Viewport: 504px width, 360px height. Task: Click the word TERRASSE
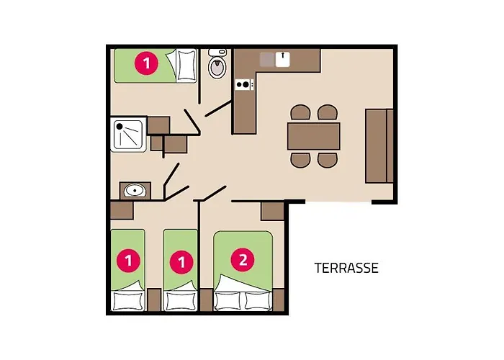(x=346, y=268)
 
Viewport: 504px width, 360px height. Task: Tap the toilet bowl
(x=217, y=67)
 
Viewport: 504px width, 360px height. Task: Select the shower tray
(x=128, y=135)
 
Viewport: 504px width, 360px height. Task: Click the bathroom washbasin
(x=135, y=190)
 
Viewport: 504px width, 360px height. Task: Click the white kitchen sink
(x=282, y=60)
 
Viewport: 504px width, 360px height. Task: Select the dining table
(x=314, y=136)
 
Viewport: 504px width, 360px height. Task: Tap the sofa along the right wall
(x=379, y=146)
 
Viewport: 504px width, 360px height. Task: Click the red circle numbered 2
(x=243, y=260)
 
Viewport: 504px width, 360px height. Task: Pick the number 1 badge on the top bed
(x=147, y=63)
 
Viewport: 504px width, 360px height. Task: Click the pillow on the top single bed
(x=186, y=66)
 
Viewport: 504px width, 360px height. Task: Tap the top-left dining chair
(x=300, y=112)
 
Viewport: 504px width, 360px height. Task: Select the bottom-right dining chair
(x=328, y=160)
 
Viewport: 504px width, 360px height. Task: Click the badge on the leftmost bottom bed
(x=129, y=260)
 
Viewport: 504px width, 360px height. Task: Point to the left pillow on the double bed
(x=228, y=301)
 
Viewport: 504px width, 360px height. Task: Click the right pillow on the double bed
(x=258, y=301)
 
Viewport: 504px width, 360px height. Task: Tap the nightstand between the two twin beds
(x=154, y=300)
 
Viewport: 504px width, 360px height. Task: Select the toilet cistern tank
(x=217, y=53)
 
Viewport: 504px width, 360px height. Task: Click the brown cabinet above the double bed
(x=272, y=211)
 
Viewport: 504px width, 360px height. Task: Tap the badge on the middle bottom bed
(x=181, y=262)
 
